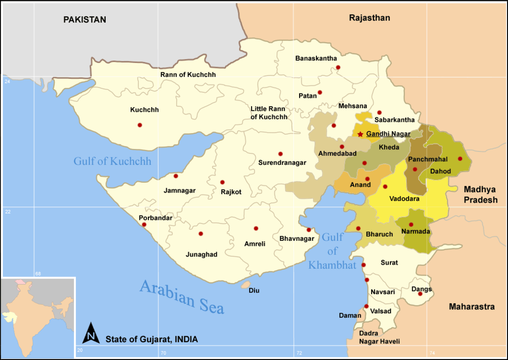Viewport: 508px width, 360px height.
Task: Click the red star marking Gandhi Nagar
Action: click(x=360, y=134)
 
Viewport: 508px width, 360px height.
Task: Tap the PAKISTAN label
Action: click(x=84, y=20)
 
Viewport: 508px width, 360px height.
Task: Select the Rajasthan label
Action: click(x=370, y=18)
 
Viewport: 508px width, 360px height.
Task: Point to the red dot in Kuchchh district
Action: click(x=140, y=125)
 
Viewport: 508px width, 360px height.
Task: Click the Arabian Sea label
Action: click(x=182, y=296)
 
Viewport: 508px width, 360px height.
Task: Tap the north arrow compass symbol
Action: click(x=91, y=333)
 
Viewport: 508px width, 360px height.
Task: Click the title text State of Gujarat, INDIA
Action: click(x=151, y=340)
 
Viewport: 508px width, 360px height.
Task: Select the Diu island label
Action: click(x=254, y=290)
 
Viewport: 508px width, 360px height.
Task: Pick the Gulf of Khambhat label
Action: click(x=332, y=251)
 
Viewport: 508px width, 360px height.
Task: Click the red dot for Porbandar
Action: click(x=144, y=225)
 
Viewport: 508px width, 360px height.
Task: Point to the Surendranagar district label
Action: click(x=282, y=163)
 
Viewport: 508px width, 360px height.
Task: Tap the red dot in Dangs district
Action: click(x=420, y=293)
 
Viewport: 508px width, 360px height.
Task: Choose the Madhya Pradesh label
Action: click(x=480, y=194)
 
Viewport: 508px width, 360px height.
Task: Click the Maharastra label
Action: click(x=471, y=307)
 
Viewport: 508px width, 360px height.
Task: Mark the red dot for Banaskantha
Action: click(x=338, y=68)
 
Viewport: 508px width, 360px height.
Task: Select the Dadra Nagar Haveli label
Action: click(x=380, y=337)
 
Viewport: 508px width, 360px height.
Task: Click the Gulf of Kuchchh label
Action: click(x=112, y=161)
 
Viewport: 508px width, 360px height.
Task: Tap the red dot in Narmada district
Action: click(x=411, y=224)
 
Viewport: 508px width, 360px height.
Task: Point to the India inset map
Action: click(x=38, y=317)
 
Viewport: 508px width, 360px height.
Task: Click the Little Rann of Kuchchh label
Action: click(x=269, y=113)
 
